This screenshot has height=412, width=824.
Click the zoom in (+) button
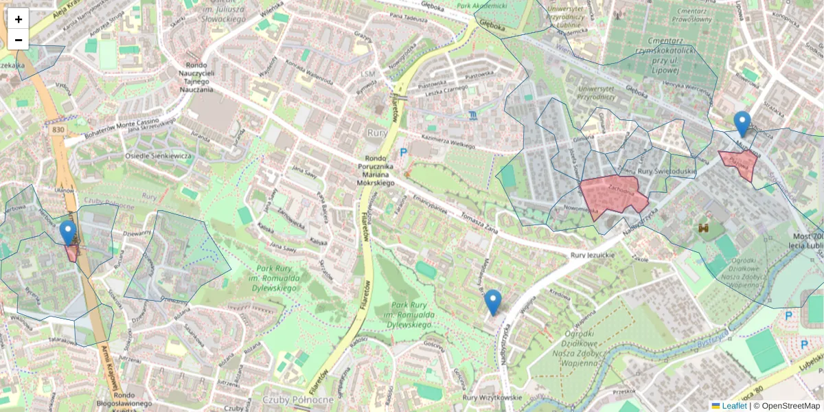pos(19,19)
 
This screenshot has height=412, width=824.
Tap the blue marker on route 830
pos(67,233)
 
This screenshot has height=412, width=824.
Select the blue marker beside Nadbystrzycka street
pos(492,302)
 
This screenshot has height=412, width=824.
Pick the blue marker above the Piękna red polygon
pos(742,124)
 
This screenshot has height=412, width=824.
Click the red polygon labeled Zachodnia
pos(613,195)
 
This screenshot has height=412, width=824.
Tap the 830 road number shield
pos(58,128)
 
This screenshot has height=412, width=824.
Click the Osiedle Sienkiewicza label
pos(157,156)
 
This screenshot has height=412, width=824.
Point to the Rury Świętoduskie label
pos(667,171)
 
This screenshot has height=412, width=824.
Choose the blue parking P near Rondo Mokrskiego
pos(403,152)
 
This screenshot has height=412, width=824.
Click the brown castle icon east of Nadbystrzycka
pos(703,227)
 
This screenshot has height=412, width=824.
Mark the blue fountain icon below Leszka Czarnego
pos(473,114)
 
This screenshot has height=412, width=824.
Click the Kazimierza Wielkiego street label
pos(448,141)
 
